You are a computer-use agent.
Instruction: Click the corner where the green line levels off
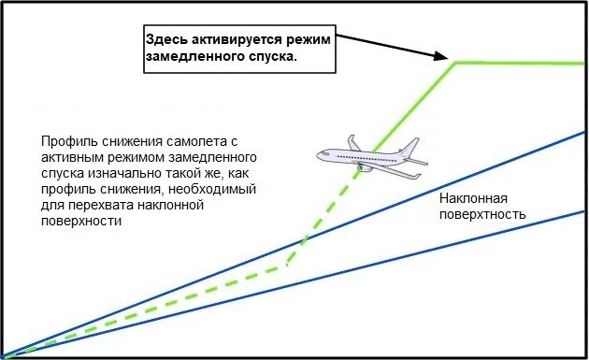click(x=455, y=63)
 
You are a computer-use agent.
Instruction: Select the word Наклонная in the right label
click(x=472, y=198)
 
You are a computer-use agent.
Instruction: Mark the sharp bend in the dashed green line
click(x=285, y=266)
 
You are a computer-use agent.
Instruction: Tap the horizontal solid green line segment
click(x=524, y=63)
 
